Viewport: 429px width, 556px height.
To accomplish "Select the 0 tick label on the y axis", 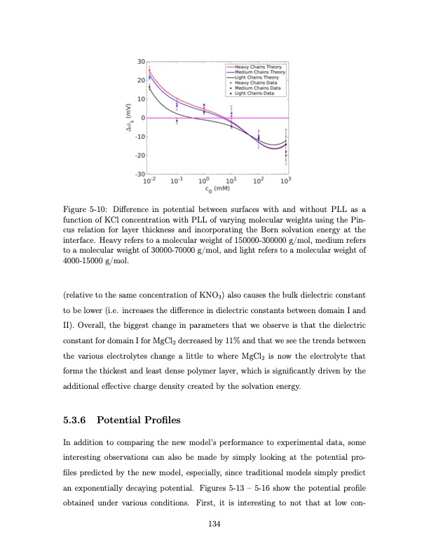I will tap(142, 118).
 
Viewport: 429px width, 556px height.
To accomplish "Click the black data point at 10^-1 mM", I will tap(177, 121).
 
